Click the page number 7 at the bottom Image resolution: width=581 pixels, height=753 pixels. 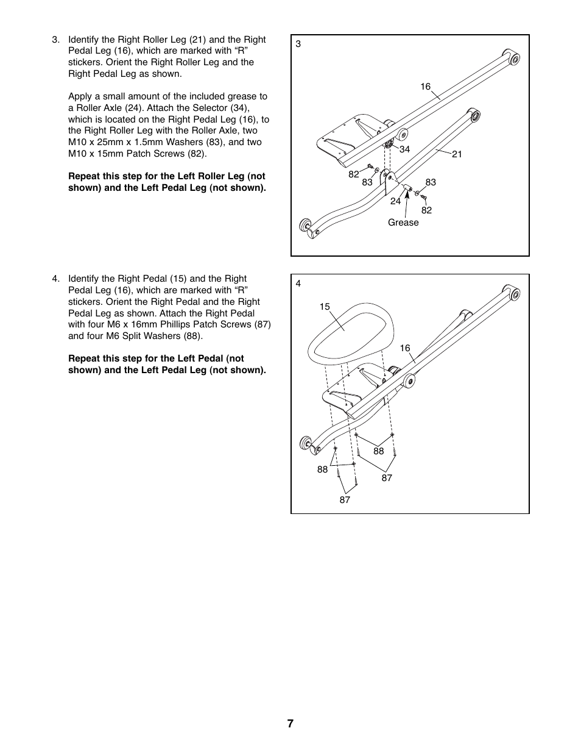290,724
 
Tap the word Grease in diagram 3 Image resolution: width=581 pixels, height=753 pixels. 403,223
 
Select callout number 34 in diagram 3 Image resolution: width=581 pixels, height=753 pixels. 404,149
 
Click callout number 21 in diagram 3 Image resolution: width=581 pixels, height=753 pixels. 457,154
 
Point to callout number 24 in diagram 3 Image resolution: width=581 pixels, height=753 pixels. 395,201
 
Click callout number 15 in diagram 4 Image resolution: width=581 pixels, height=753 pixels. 325,307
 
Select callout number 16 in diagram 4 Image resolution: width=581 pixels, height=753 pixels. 405,348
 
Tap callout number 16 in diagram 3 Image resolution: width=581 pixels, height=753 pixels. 425,87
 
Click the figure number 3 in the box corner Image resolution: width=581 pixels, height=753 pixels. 298,44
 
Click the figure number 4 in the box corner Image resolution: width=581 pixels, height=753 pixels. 298,284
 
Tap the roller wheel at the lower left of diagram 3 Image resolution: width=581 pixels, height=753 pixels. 305,226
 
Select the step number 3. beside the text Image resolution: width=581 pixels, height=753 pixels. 56,40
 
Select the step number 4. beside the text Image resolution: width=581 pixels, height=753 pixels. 56,279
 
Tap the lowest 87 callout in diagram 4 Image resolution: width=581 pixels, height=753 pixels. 345,500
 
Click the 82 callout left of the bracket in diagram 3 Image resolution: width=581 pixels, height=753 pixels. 354,174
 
